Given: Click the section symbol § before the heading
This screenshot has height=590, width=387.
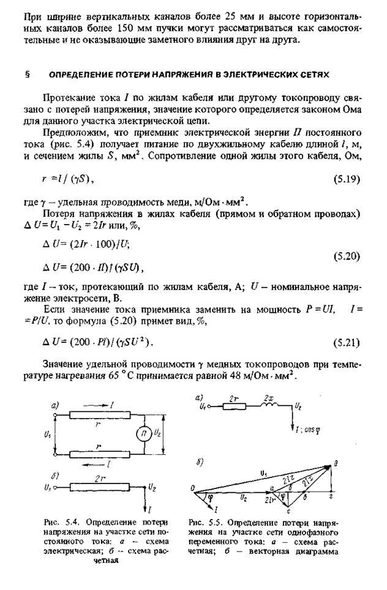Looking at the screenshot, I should click(x=28, y=74).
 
